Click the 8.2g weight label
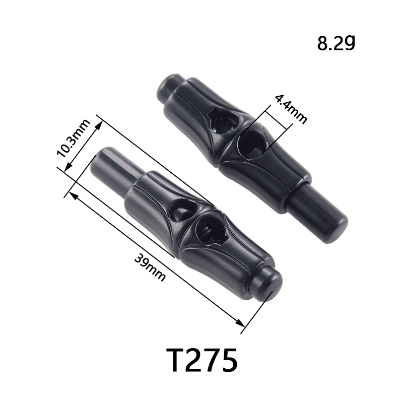(336, 43)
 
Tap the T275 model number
(202, 360)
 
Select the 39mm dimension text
(150, 267)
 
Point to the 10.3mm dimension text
(73, 138)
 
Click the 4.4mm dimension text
(291, 109)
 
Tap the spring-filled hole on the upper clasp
(223, 121)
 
